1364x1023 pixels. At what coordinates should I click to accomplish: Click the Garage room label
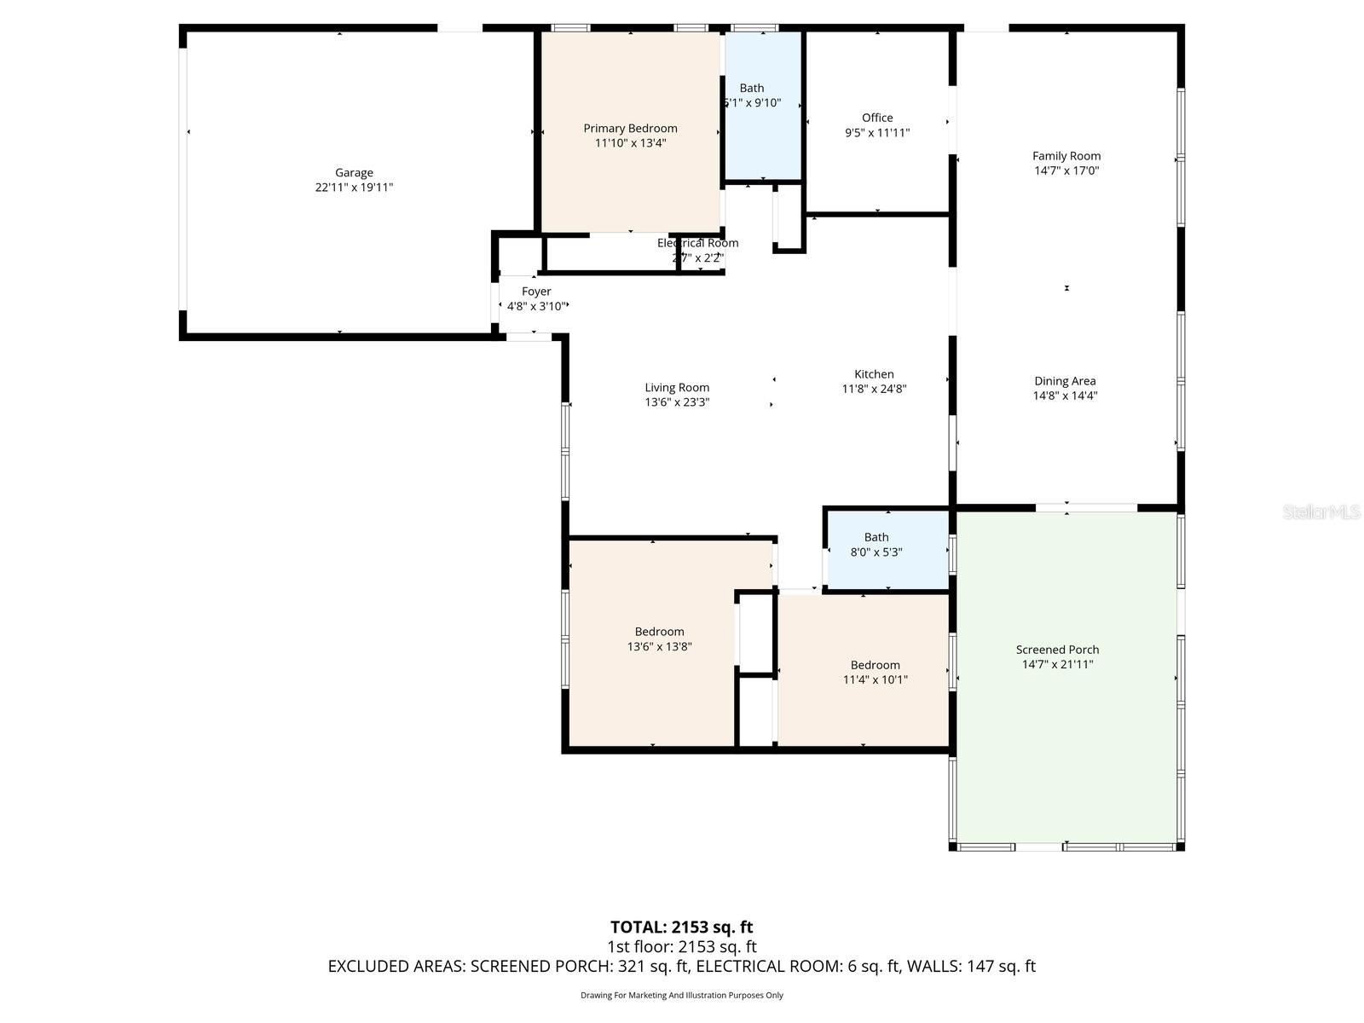pyautogui.click(x=354, y=173)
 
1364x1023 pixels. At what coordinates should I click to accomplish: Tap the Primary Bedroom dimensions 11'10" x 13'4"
pyautogui.click(x=630, y=143)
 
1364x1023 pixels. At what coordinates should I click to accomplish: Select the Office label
pyautogui.click(x=877, y=118)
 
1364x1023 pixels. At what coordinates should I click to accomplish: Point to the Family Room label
pyautogui.click(x=1066, y=156)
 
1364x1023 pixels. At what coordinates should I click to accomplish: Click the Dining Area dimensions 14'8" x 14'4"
pyautogui.click(x=1065, y=396)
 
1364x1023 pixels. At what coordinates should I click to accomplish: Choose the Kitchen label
pyautogui.click(x=874, y=374)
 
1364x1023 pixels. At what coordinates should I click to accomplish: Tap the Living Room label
pyautogui.click(x=677, y=388)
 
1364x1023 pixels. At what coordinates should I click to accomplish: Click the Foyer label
pyautogui.click(x=536, y=292)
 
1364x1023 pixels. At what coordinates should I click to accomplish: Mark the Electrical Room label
pyautogui.click(x=697, y=243)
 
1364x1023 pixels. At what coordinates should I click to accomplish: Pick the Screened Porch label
pyautogui.click(x=1057, y=650)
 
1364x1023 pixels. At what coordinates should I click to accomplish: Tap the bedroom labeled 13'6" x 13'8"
pyautogui.click(x=659, y=639)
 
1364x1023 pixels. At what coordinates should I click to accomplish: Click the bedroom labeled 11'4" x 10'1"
pyautogui.click(x=875, y=672)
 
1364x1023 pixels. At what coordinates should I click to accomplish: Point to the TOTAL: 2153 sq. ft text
pyautogui.click(x=681, y=927)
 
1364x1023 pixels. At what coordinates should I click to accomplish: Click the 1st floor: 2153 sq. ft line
pyautogui.click(x=681, y=947)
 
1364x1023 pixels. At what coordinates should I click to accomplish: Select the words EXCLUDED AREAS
pyautogui.click(x=396, y=967)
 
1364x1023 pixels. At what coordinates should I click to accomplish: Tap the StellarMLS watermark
pyautogui.click(x=1321, y=512)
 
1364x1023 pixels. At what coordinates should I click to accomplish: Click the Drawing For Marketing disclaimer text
pyautogui.click(x=681, y=995)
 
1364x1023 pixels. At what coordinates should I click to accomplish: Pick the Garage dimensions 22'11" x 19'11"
pyautogui.click(x=354, y=188)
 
